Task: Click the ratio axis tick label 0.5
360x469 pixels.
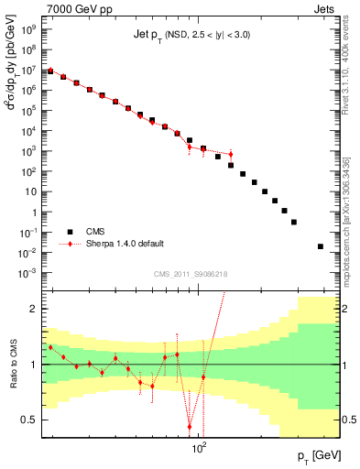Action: (27, 420)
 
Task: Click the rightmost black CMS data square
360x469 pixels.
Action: (320, 246)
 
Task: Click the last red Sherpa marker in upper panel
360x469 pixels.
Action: (231, 154)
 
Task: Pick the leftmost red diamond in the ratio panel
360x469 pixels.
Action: (50, 348)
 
